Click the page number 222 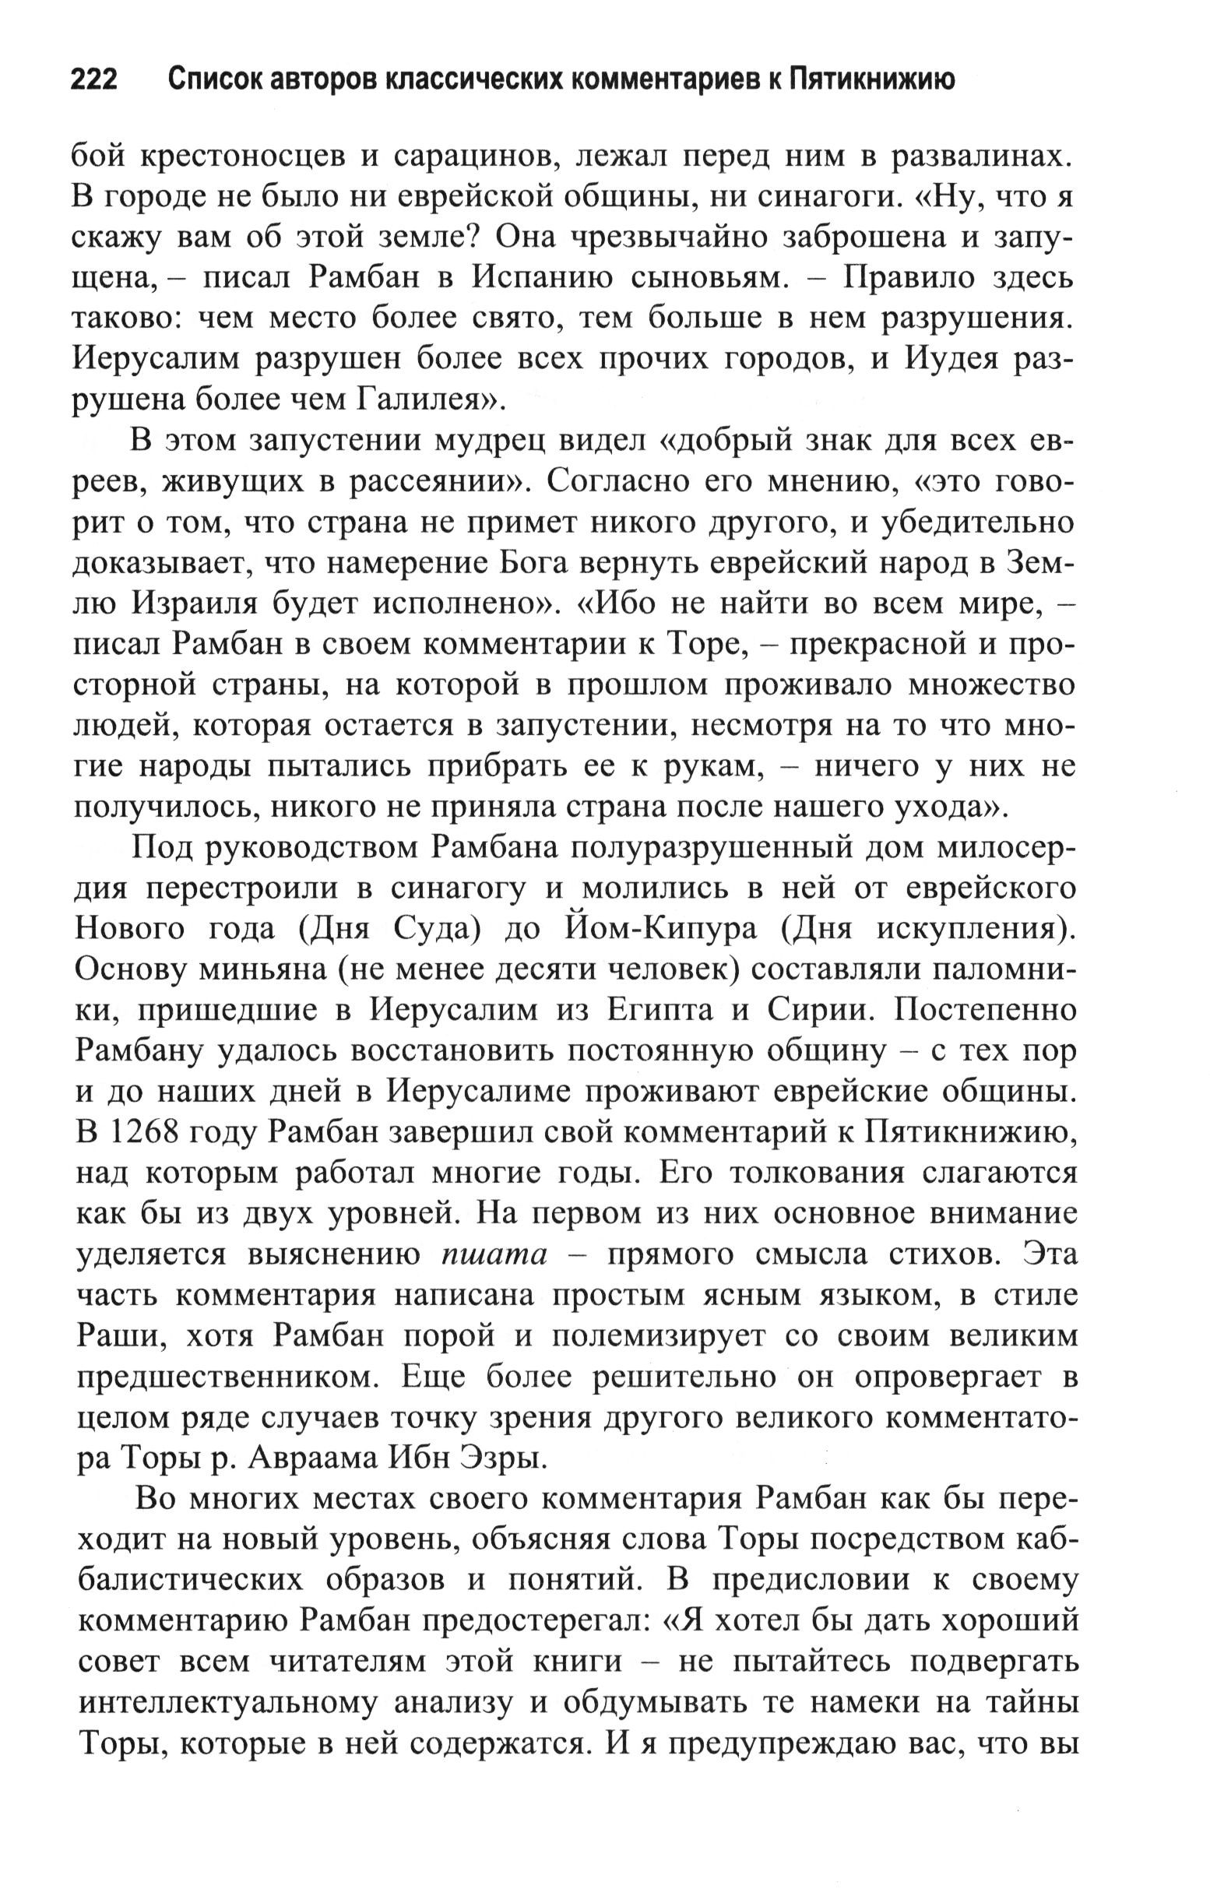(x=94, y=79)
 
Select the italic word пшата (x=494, y=1255)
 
